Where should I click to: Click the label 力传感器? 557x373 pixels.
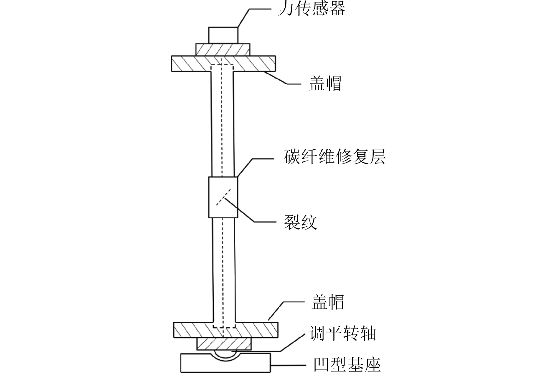tap(312, 9)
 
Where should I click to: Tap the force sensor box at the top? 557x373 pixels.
tap(223, 35)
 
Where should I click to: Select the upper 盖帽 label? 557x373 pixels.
tap(325, 84)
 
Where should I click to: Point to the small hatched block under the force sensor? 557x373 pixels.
tap(223, 50)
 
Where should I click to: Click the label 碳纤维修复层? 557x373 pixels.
tap(335, 157)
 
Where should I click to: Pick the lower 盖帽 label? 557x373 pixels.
tap(328, 302)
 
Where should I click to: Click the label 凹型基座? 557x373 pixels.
tap(347, 364)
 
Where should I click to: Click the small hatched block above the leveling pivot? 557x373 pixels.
tap(224, 344)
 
